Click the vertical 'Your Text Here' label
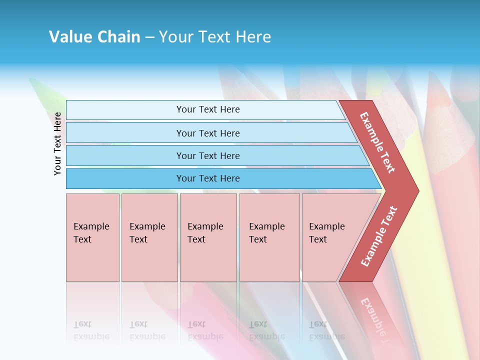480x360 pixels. tap(57, 143)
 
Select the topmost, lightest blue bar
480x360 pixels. tap(207, 109)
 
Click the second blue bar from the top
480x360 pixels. tap(207, 133)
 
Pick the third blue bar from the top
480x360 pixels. tap(207, 155)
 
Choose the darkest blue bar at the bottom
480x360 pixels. tap(207, 178)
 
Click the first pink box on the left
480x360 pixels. tap(92, 237)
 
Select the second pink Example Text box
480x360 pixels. tap(149, 237)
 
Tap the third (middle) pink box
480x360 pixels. tap(208, 237)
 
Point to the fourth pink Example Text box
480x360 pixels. tap(269, 237)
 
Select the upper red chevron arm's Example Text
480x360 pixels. tap(377, 142)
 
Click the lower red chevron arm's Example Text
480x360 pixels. tap(379, 236)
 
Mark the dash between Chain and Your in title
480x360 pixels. tap(149, 37)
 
